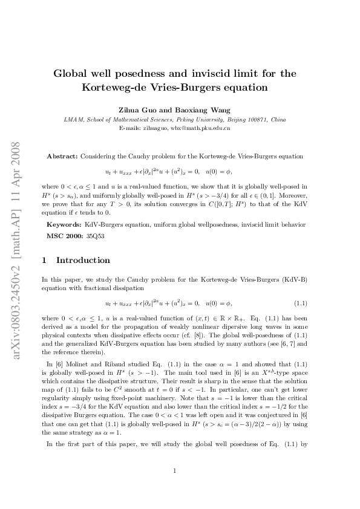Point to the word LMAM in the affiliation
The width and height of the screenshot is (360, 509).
coord(73,120)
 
